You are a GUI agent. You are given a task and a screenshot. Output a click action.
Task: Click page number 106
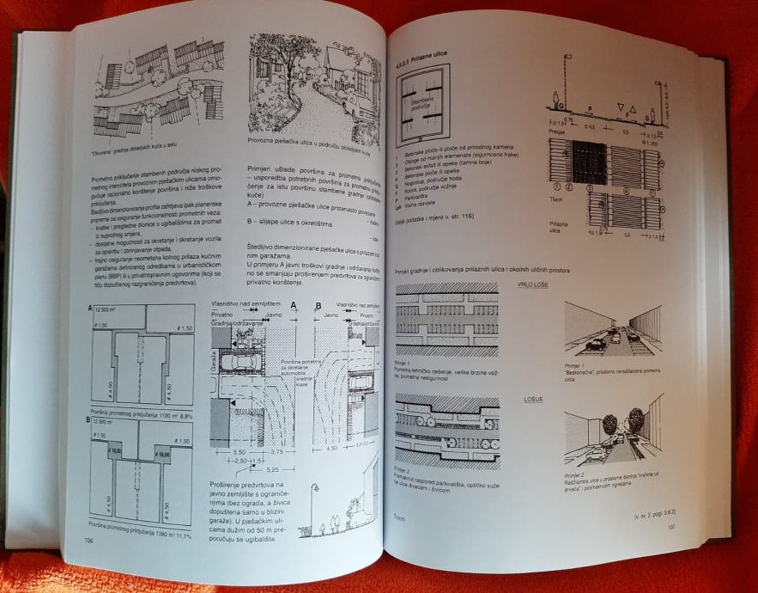(x=89, y=540)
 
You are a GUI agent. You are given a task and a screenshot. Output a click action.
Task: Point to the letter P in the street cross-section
(x=589, y=109)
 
